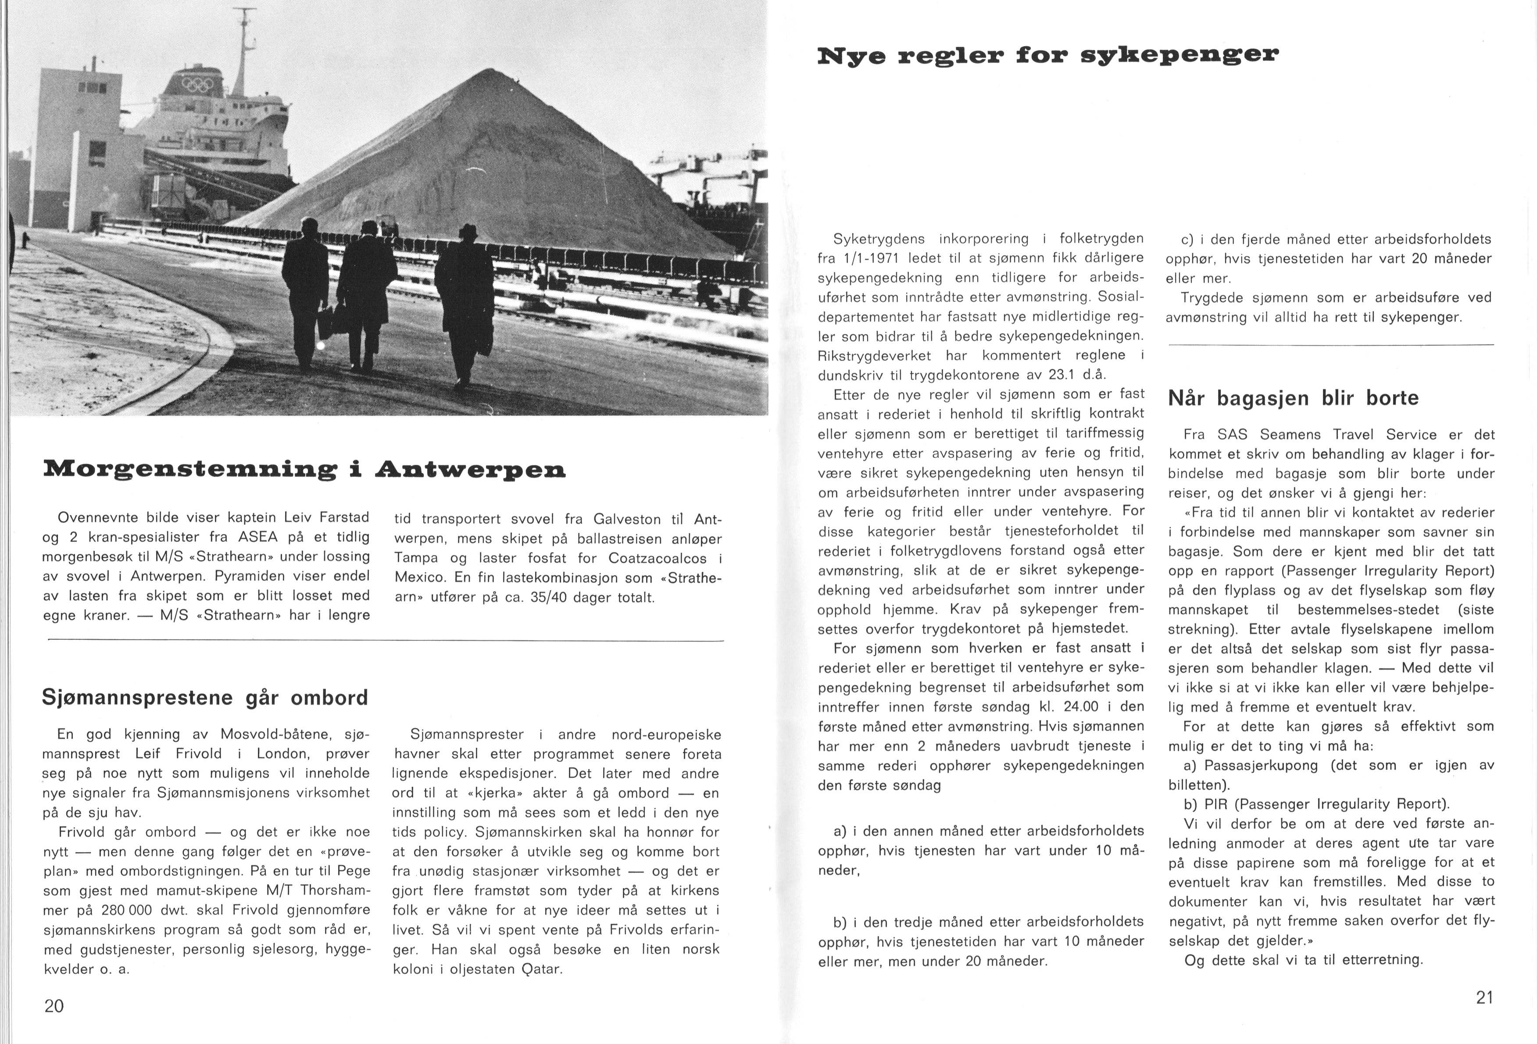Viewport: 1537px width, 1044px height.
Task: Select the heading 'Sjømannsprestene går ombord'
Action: click(204, 697)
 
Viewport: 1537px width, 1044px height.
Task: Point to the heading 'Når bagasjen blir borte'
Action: click(1293, 398)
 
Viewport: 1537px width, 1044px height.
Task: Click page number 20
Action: click(54, 1006)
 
